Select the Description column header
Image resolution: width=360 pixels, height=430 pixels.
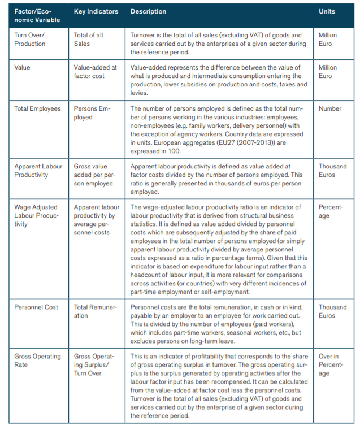tap(148, 11)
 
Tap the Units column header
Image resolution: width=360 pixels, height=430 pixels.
tap(327, 11)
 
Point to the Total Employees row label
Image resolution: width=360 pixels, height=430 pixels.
tap(37, 108)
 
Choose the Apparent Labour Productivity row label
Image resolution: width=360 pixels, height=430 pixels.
tap(38, 171)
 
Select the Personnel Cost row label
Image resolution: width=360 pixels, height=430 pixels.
tap(36, 307)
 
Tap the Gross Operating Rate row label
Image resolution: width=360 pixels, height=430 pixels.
tap(37, 360)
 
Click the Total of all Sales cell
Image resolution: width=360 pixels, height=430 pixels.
tap(89, 39)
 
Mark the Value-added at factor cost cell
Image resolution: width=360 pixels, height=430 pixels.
tap(96, 71)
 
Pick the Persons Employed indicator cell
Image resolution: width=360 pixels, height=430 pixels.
tap(91, 112)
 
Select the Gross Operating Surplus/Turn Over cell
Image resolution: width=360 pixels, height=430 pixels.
tap(94, 364)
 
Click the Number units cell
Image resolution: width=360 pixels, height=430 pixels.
tap(330, 108)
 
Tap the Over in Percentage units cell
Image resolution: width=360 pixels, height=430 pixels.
tap(331, 365)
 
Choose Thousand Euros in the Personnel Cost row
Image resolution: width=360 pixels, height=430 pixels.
tap(332, 311)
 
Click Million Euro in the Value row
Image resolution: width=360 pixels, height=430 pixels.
tap(328, 71)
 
